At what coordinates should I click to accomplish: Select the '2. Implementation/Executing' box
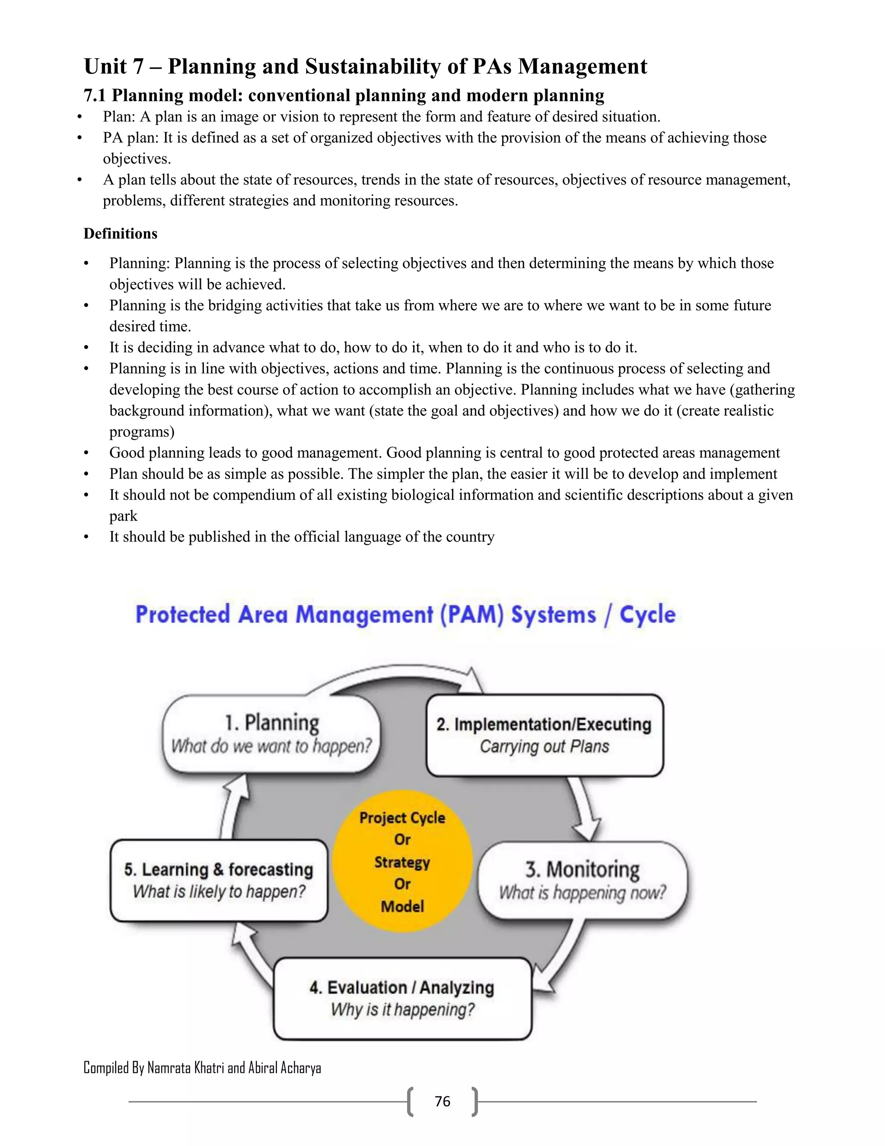coord(544,735)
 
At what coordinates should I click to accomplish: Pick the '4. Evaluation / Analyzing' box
coord(402,999)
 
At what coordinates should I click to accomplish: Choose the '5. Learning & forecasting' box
coord(219,880)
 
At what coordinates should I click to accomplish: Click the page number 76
coord(442,1101)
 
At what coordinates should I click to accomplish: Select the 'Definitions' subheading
coord(120,234)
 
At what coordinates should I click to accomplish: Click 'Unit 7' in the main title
coord(113,67)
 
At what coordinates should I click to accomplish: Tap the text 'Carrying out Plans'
coord(544,746)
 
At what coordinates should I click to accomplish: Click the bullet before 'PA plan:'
coord(80,138)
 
